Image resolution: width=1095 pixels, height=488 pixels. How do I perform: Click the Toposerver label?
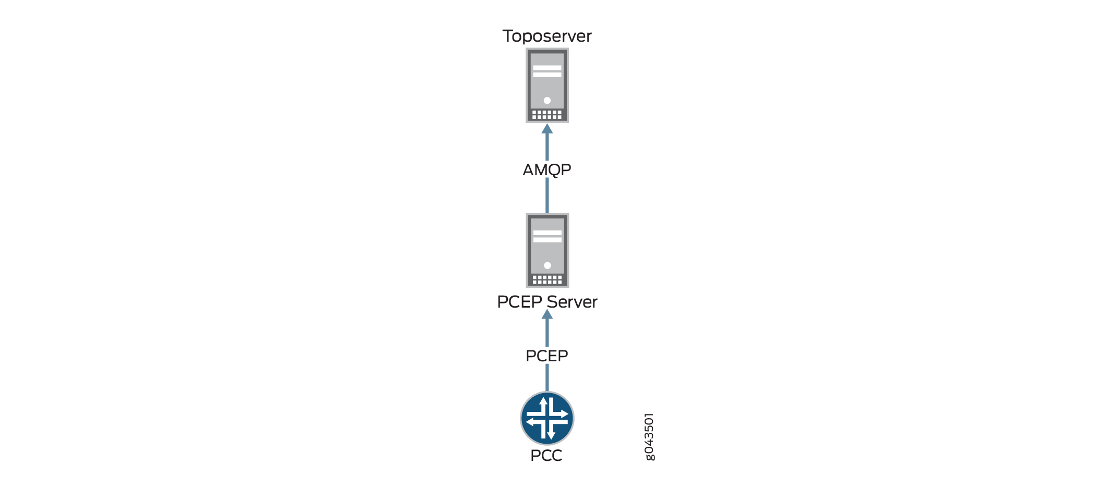coord(547,36)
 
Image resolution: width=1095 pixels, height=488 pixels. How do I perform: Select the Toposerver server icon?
coord(547,86)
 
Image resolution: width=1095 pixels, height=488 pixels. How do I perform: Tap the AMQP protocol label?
coord(547,169)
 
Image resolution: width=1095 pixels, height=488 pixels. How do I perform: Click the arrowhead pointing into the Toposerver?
coord(547,128)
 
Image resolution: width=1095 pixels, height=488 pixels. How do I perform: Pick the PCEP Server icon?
coord(547,250)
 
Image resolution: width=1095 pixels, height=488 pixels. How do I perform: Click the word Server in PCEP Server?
coord(572,302)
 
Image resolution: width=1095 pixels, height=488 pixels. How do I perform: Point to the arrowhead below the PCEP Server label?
coord(547,314)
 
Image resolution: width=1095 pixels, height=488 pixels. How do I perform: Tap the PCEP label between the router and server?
coord(547,356)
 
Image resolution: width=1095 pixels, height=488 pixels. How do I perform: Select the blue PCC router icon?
coord(547,418)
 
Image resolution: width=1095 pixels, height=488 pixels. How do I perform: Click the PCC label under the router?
coord(546,455)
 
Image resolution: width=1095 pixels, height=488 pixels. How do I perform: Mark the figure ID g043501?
coord(649,437)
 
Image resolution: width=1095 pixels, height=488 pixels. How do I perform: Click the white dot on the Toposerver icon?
coord(547,100)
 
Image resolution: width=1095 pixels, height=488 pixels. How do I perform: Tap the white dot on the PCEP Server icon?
coord(547,265)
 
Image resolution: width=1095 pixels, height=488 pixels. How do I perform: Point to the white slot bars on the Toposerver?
coord(547,71)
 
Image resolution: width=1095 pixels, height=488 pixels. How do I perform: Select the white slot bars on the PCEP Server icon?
coord(547,236)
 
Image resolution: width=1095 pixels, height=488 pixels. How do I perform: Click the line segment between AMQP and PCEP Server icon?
coord(547,196)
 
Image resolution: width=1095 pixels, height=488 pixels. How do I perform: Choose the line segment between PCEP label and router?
coord(547,378)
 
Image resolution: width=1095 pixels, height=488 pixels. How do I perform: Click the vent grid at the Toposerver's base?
coord(547,115)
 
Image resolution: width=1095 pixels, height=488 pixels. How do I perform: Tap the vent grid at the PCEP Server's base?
coord(547,279)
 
